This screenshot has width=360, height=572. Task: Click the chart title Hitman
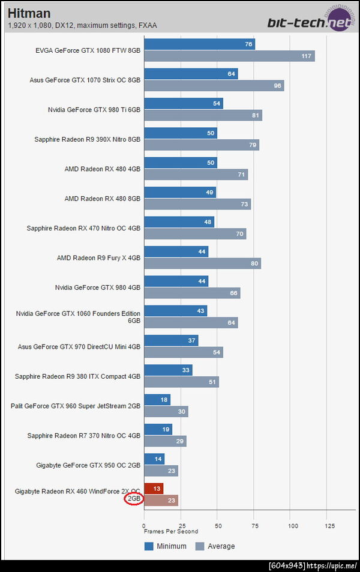click(x=29, y=13)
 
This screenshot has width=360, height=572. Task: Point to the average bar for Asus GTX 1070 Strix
click(x=214, y=85)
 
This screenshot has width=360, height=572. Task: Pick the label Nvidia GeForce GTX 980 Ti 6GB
click(x=94, y=110)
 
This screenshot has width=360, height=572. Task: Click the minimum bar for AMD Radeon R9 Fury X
click(x=176, y=251)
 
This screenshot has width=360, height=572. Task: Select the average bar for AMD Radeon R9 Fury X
click(x=202, y=263)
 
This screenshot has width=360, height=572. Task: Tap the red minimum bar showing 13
click(x=154, y=488)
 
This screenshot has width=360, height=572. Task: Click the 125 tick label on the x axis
click(x=329, y=525)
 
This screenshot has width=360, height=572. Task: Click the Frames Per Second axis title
click(x=170, y=531)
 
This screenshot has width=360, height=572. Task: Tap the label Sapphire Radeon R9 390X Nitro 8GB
click(x=88, y=139)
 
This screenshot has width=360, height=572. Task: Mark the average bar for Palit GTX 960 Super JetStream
click(x=166, y=411)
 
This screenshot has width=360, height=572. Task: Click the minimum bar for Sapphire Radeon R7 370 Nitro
click(x=158, y=429)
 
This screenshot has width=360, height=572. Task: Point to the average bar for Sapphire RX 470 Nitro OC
click(x=195, y=233)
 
